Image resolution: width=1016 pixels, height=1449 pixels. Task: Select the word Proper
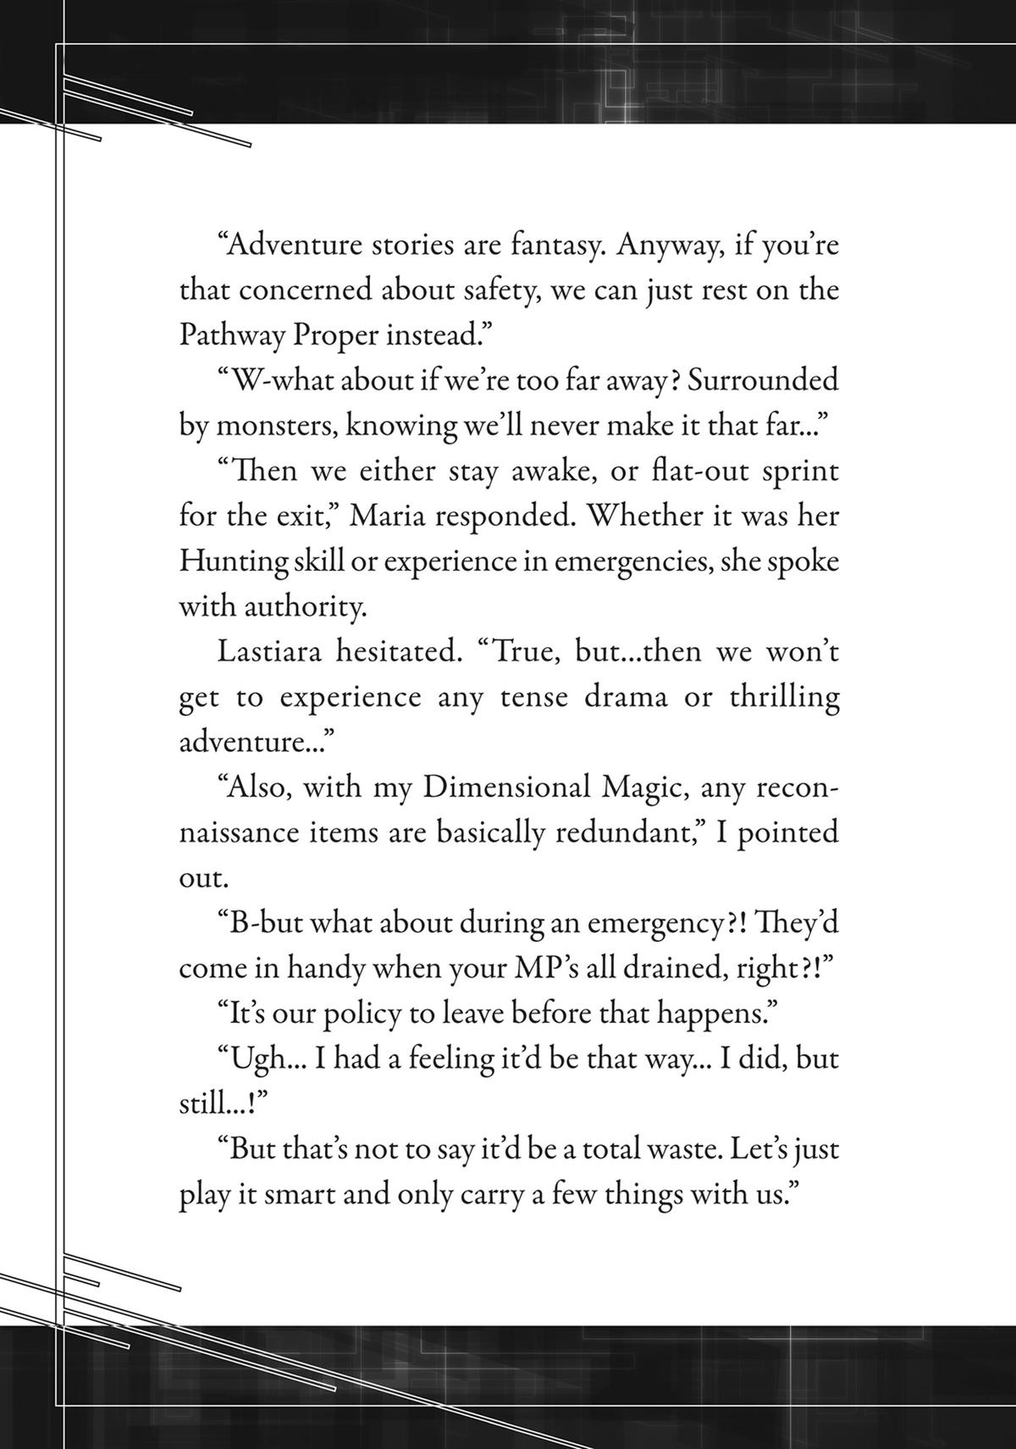click(335, 335)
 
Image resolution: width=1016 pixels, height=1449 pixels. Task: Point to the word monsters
click(268, 425)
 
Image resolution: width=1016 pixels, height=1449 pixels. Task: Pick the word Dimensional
click(505, 788)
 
